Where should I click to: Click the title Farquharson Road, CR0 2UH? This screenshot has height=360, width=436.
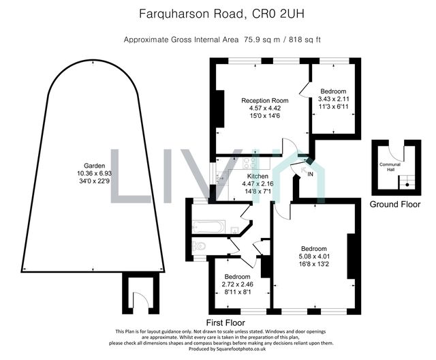click(x=217, y=12)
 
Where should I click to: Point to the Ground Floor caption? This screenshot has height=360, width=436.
click(x=395, y=205)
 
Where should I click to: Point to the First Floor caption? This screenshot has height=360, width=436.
click(x=226, y=321)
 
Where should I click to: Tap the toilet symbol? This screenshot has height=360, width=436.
click(x=200, y=247)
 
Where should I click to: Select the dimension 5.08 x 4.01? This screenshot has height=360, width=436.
click(x=314, y=256)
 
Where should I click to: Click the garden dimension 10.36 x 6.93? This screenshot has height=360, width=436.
click(x=87, y=174)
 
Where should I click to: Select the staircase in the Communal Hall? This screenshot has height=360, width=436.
click(x=407, y=180)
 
